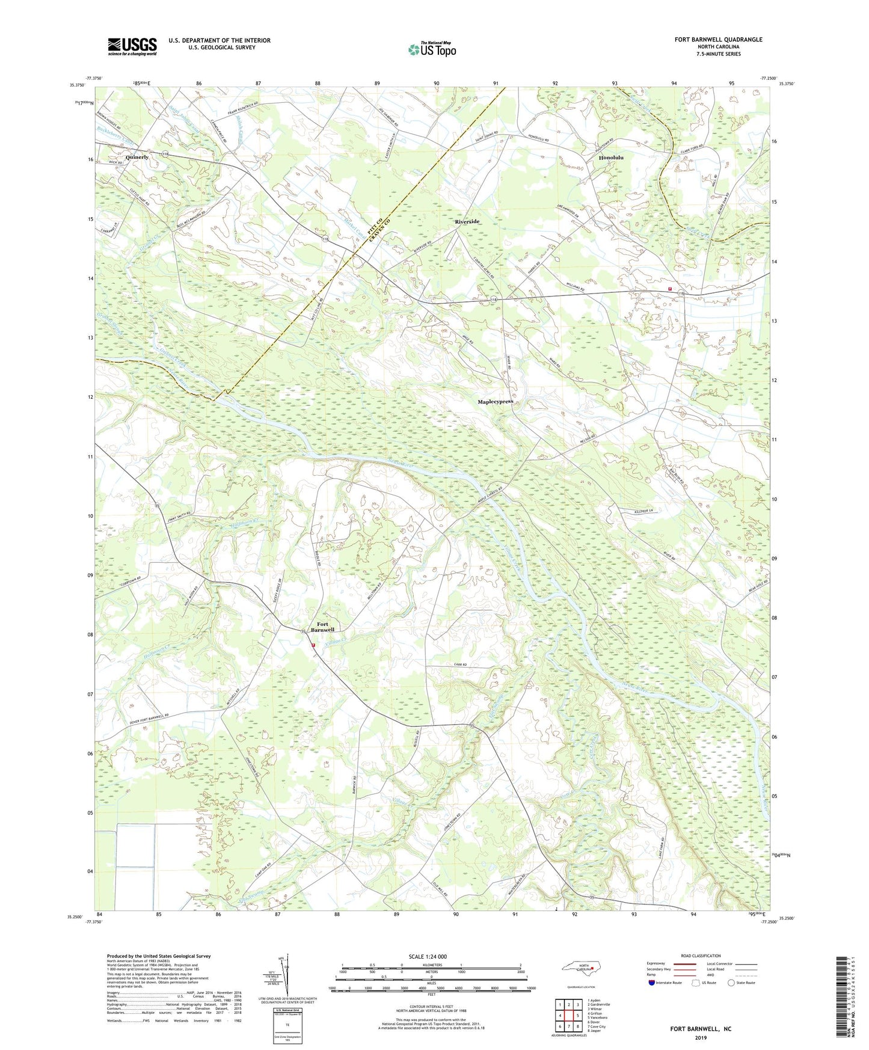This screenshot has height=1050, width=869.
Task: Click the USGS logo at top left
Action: click(132, 46)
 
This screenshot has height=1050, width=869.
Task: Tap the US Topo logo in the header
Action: click(431, 49)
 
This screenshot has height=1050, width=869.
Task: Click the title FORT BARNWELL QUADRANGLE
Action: click(718, 40)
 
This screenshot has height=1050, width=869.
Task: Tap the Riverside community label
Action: click(467, 221)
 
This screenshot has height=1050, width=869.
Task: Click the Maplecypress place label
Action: click(495, 401)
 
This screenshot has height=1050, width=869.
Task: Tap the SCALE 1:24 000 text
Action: click(428, 956)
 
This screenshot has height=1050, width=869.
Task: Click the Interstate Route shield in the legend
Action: click(653, 983)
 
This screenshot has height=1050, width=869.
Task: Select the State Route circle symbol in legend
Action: click(731, 983)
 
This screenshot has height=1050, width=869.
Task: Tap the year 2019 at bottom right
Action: click(701, 1037)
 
